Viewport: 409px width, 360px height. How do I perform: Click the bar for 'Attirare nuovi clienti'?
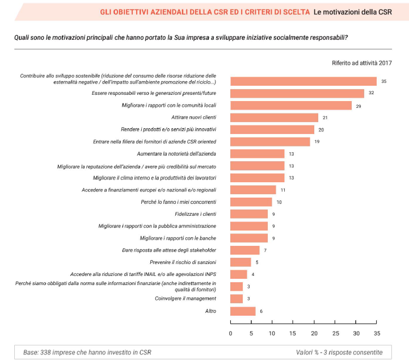tap(274, 118)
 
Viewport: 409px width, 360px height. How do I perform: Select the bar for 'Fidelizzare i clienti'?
tap(249, 214)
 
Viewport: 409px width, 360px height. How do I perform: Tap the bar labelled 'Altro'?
tap(243, 311)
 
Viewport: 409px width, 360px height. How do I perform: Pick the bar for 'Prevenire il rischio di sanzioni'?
tap(241, 262)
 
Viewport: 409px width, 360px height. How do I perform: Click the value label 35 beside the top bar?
tap(384, 81)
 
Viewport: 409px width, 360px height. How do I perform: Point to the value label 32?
tap(372, 93)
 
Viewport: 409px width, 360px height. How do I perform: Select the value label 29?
tap(359, 106)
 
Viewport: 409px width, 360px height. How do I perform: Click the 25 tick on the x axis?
tap(335, 333)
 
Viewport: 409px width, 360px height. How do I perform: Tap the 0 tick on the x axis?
tap(231, 333)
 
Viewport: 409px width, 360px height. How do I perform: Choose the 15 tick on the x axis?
tap(293, 333)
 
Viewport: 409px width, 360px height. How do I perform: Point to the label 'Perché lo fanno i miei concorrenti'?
tap(172, 202)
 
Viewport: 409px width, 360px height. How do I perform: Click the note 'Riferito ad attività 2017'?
tap(362, 63)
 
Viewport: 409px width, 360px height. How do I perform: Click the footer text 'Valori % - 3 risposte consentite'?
tap(339, 352)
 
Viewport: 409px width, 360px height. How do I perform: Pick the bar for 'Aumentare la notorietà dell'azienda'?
tap(258, 154)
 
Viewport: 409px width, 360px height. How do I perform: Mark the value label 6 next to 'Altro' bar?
tap(261, 311)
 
